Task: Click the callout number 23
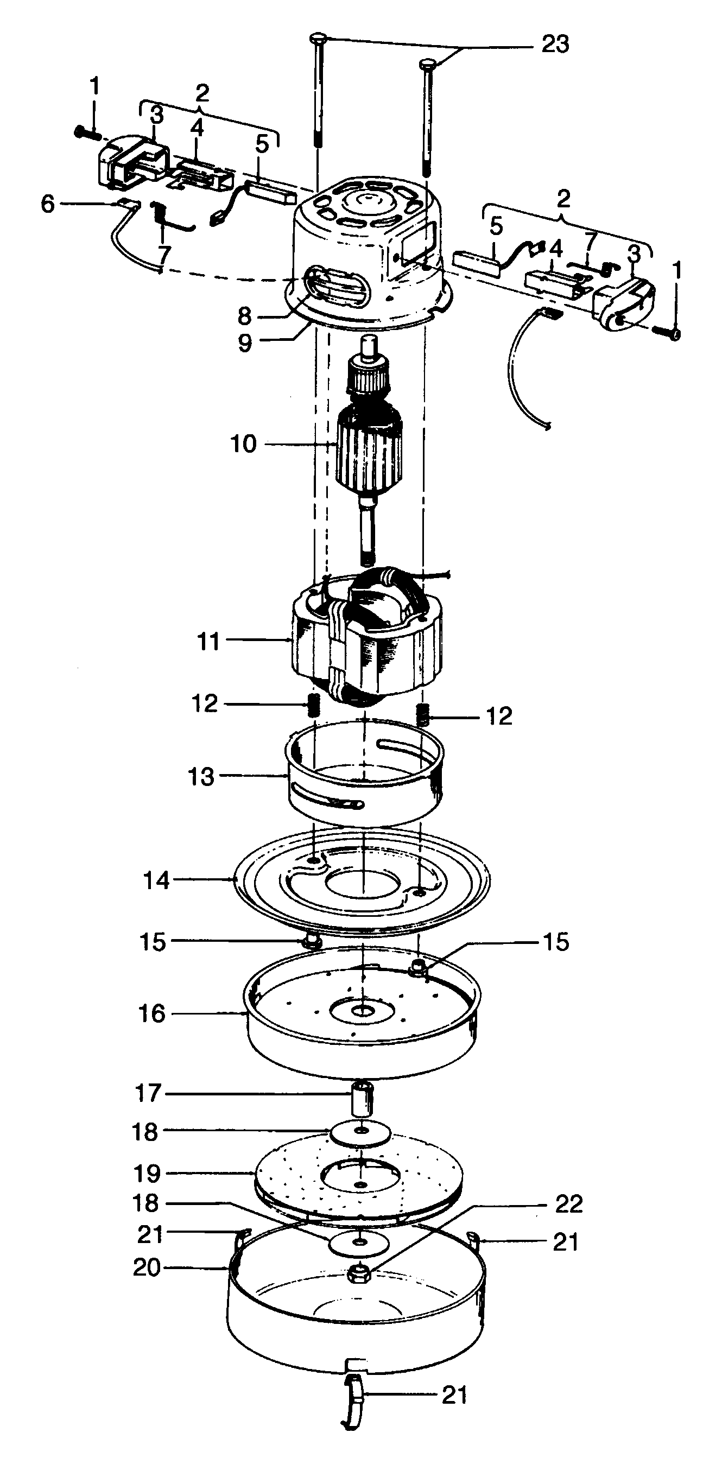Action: (555, 44)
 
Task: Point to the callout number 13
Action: (201, 777)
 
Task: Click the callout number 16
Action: (152, 1014)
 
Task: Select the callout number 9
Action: (245, 343)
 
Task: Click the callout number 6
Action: (48, 204)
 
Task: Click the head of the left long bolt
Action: (318, 39)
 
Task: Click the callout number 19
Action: (147, 1174)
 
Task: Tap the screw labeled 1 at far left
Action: (86, 134)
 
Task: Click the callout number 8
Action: (245, 316)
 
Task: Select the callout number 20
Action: (147, 1267)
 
